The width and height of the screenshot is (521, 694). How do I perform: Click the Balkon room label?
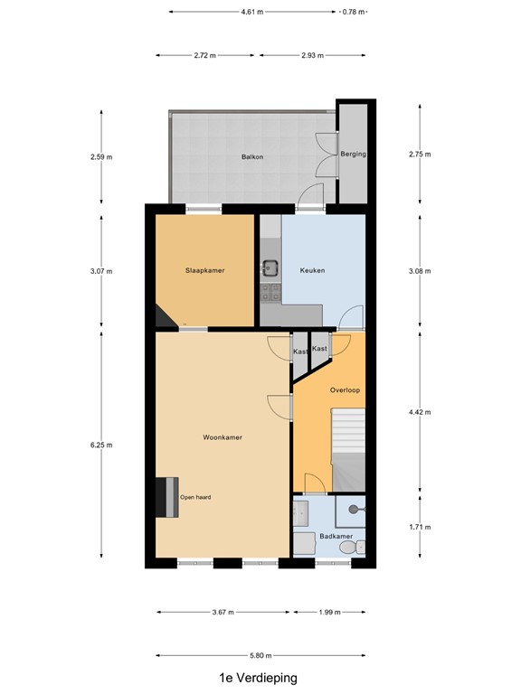click(x=252, y=157)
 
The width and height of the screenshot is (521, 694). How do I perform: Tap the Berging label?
click(x=353, y=155)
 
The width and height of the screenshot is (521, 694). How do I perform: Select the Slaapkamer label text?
click(x=204, y=270)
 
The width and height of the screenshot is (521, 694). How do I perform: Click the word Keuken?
click(x=312, y=270)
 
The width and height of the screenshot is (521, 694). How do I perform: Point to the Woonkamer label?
click(x=222, y=437)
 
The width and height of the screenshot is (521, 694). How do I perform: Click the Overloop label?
click(x=345, y=391)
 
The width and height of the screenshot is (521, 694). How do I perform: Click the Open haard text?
click(x=195, y=497)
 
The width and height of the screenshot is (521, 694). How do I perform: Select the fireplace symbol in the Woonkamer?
click(x=166, y=497)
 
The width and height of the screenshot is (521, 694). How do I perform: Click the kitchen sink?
click(x=270, y=267)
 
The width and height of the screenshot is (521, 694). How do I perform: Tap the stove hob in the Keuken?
click(x=270, y=291)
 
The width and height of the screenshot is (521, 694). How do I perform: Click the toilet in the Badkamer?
click(x=359, y=547)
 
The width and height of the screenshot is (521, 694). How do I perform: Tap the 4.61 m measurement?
click(x=252, y=13)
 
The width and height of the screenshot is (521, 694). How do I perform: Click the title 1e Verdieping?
click(x=258, y=678)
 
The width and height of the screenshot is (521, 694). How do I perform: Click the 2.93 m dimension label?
click(x=313, y=55)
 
